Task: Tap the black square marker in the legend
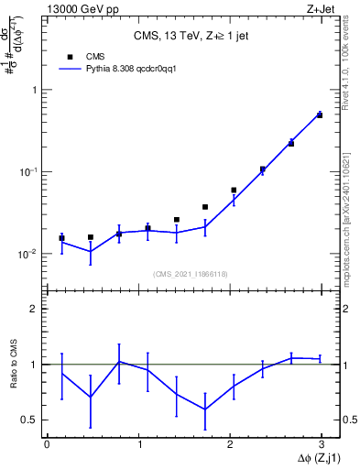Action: pyautogui.click(x=69, y=56)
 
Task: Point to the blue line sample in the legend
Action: pyautogui.click(x=70, y=68)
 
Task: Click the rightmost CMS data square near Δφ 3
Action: pyautogui.click(x=320, y=115)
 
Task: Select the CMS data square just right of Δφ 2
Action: pyautogui.click(x=234, y=191)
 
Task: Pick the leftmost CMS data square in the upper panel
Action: pyautogui.click(x=61, y=238)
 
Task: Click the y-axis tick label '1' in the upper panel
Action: pyautogui.click(x=35, y=90)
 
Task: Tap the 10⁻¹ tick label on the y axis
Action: pyautogui.click(x=29, y=171)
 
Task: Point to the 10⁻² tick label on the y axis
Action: pyautogui.click(x=29, y=254)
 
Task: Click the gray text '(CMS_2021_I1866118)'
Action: pyautogui.click(x=190, y=274)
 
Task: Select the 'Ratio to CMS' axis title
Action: pyautogui.click(x=15, y=364)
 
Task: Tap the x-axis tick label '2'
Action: pyautogui.click(x=229, y=444)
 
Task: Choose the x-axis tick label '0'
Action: pyautogui.click(x=47, y=444)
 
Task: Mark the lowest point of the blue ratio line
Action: pyautogui.click(x=205, y=409)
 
